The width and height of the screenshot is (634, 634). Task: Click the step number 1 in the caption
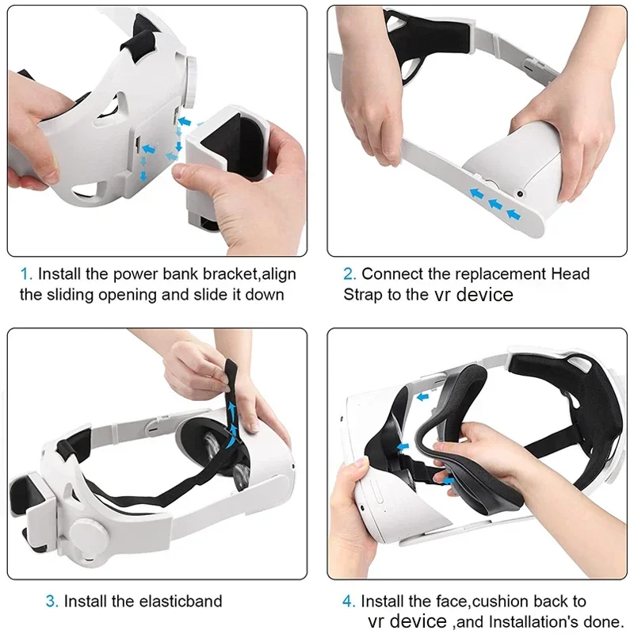(25, 274)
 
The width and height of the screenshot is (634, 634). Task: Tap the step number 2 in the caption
(349, 274)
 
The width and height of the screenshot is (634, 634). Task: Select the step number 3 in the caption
(52, 602)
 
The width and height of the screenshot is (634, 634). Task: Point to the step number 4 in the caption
(348, 602)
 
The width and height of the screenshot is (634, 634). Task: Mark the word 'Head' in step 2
(573, 274)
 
